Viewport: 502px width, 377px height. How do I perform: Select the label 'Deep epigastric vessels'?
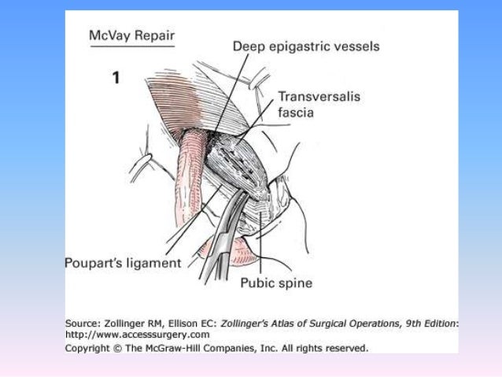pyautogui.click(x=305, y=46)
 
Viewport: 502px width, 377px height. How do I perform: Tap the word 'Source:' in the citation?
pyautogui.click(x=86, y=322)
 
